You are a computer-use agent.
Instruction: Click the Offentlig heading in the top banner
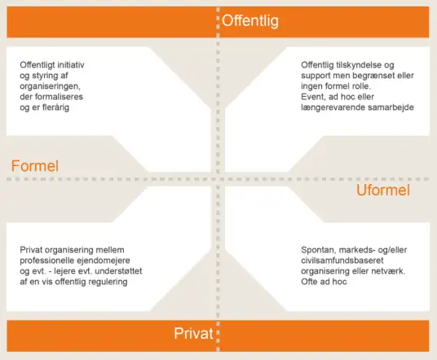[250, 21]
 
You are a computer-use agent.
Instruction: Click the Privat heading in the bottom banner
[193, 333]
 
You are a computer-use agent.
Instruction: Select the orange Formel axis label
[35, 166]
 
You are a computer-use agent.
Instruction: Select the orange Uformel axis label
[383, 190]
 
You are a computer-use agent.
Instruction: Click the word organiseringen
[51, 86]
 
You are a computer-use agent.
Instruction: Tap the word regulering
[108, 282]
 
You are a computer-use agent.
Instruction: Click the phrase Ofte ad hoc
[324, 282]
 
